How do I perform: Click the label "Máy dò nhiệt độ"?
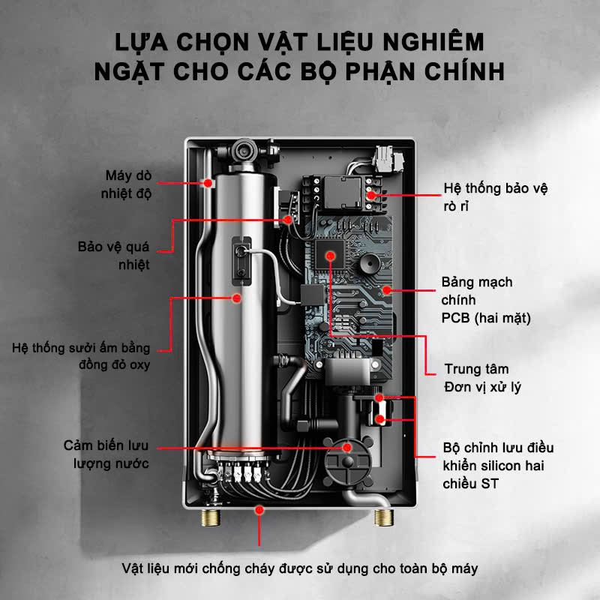click(x=128, y=184)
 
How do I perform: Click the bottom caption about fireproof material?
click(x=300, y=568)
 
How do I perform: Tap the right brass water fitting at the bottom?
click(x=384, y=517)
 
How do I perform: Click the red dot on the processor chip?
click(x=330, y=256)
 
